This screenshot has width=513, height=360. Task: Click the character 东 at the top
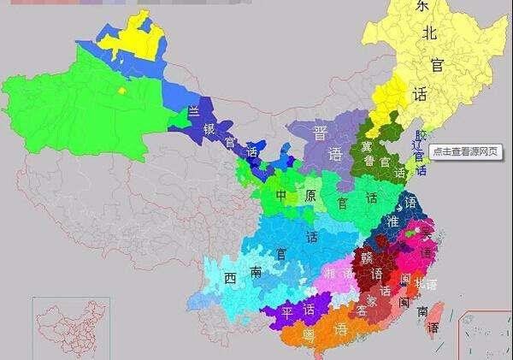[x=421, y=8]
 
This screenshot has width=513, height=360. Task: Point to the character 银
[x=209, y=129]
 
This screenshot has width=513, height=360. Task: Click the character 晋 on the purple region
[x=320, y=133]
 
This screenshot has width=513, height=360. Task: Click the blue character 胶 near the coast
[x=419, y=136]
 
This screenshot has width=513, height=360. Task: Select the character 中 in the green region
[x=281, y=196]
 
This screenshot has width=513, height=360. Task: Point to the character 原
[x=310, y=196]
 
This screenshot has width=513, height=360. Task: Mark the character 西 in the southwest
[x=230, y=279]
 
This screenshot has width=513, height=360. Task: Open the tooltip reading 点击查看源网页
[x=467, y=150]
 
